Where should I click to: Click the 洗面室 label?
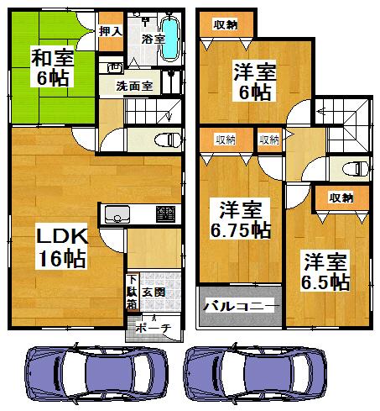134,85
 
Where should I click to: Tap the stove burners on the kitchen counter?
166,213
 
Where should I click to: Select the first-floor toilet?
168,140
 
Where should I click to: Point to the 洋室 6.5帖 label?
325,271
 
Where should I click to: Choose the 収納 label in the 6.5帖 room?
340,198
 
